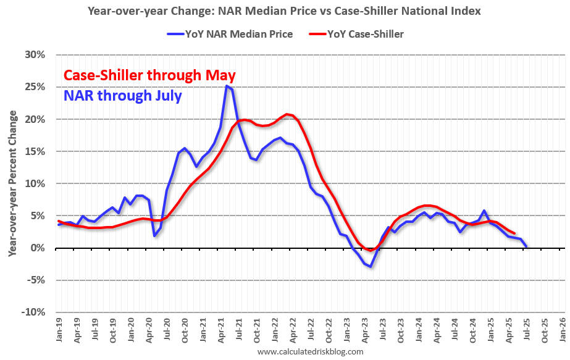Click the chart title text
pos(284,10)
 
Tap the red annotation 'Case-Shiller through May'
pos(149,76)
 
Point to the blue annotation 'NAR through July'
pos(122,96)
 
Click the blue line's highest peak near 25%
pos(226,86)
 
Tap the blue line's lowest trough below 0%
pos(371,266)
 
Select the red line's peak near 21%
pos(287,114)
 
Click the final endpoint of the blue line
pos(526,246)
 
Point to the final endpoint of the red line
pos(514,233)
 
